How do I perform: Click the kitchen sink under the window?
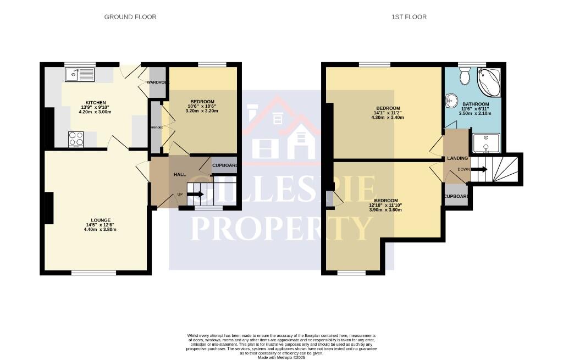[x=80, y=74]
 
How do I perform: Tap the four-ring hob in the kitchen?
[x=75, y=139]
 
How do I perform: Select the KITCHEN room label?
[x=89, y=101]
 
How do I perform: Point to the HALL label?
[x=180, y=174]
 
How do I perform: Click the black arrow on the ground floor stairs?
[x=196, y=194]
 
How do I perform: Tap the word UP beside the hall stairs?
[x=179, y=194]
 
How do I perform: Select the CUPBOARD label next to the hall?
[x=225, y=165]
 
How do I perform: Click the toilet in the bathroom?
[x=465, y=76]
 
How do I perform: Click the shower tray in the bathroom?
[x=485, y=142]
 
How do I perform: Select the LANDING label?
[x=457, y=158]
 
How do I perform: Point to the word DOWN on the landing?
[x=463, y=169]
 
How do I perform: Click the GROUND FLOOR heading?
[x=130, y=17]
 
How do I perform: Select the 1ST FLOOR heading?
[x=409, y=17]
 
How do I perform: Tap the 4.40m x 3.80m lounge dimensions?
[x=96, y=230]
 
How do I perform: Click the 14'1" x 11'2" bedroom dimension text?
[x=388, y=112]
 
